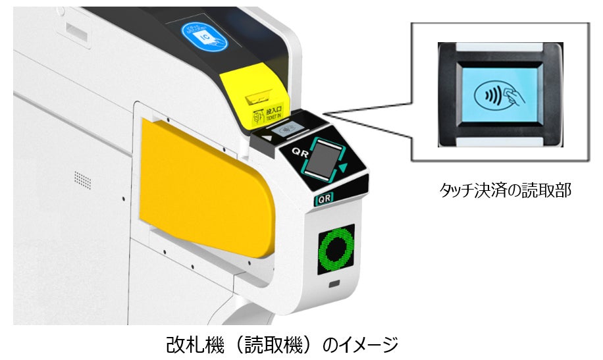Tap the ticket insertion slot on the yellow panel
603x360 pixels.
pos(259,99)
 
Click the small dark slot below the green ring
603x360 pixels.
pos(335,284)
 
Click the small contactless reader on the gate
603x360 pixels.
pos(289,130)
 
